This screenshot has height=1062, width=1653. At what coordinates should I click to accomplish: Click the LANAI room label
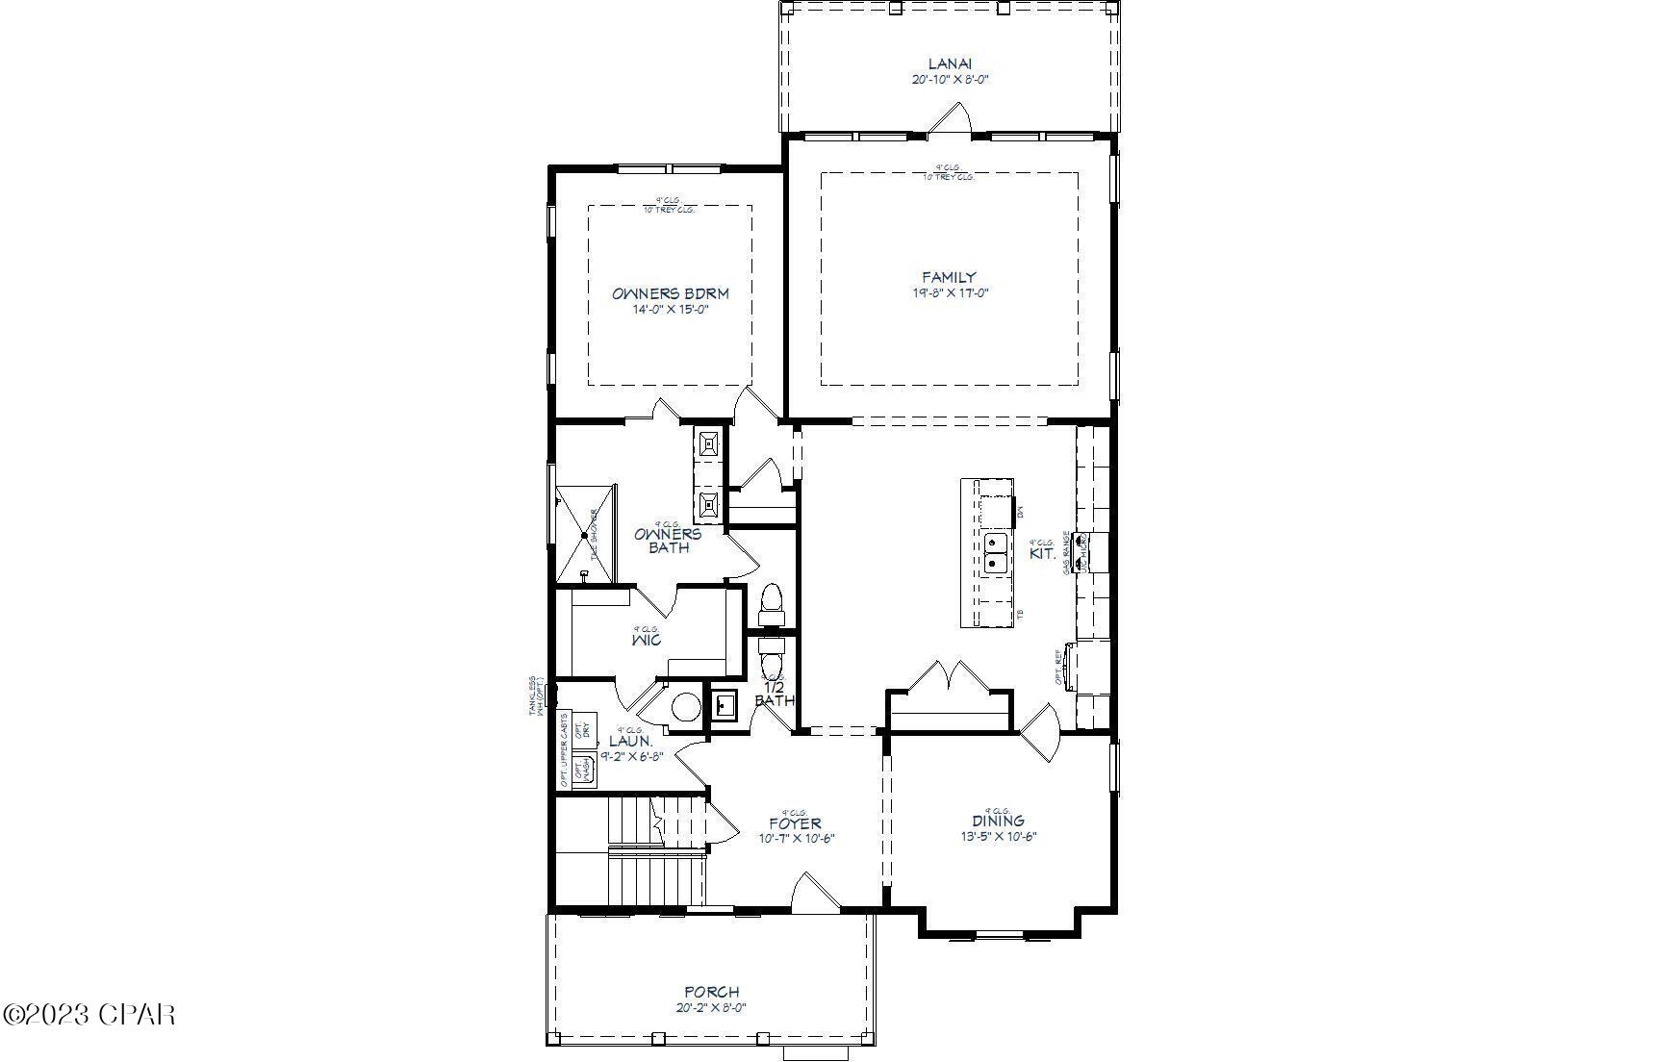(950, 64)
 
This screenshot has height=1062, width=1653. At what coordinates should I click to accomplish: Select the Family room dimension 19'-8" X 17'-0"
(950, 293)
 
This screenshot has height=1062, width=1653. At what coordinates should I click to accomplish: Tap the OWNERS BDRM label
(670, 293)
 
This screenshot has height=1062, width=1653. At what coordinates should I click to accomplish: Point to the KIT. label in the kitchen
(1043, 554)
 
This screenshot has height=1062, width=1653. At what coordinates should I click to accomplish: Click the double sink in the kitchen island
(996, 553)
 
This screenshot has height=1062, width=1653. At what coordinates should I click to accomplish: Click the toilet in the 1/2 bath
(772, 660)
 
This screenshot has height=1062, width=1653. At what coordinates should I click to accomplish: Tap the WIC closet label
(647, 640)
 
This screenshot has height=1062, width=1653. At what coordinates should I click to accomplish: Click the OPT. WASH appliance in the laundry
(582, 770)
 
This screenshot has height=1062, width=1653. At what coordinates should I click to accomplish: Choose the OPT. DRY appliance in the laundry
(583, 729)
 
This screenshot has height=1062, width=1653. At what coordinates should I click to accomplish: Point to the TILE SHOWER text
(594, 534)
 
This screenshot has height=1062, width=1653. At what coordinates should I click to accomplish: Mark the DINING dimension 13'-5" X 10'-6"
(998, 837)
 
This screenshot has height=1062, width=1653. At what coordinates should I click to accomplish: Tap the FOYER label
(795, 823)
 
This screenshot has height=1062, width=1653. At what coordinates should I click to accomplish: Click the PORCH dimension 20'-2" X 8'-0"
(711, 1008)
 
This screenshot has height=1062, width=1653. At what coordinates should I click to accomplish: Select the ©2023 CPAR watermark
(89, 1014)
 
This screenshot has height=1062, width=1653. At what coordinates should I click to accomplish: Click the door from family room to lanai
(951, 118)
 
